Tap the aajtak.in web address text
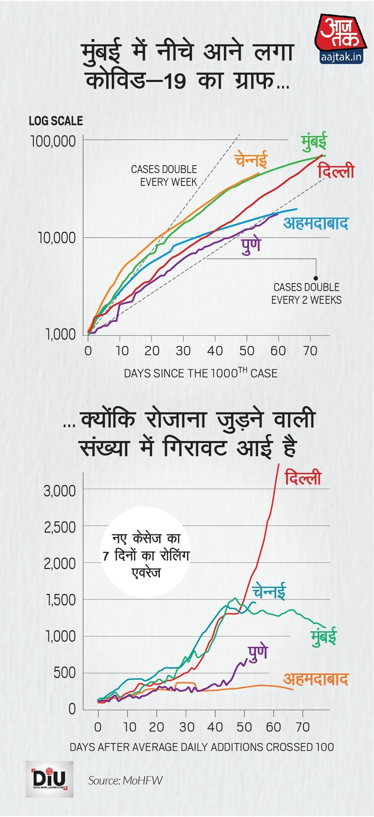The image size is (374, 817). [x=341, y=57]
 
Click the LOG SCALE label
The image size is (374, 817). [x=56, y=121]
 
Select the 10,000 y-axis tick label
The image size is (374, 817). [x=57, y=238]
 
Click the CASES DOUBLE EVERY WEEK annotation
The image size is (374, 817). [x=164, y=175]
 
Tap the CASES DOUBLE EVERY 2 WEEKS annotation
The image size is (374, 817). [x=306, y=293]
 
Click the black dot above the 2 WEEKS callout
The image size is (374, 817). [x=316, y=278]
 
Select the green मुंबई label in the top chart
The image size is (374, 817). [x=314, y=142]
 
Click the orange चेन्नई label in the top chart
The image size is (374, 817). [x=251, y=159]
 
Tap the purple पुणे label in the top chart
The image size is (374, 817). [x=251, y=245]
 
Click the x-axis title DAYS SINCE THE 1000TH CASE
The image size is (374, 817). [x=201, y=373]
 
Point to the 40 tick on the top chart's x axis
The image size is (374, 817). [x=215, y=351]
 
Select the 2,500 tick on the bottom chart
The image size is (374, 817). [x=60, y=527]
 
